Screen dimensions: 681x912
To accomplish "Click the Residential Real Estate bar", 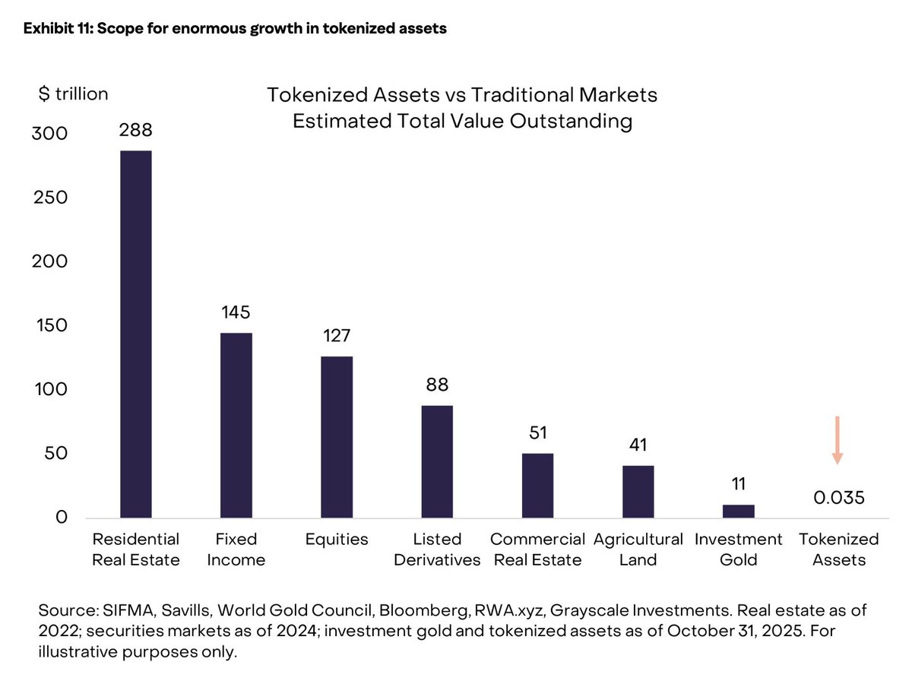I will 136,334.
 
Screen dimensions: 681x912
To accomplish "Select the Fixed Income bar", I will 236,426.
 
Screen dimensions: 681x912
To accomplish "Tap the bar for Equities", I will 337,437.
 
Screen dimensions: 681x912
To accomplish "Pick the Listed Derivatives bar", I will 437,462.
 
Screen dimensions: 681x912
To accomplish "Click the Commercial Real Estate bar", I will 537,486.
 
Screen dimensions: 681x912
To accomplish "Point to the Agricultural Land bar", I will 638,492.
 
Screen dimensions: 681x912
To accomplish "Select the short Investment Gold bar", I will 738,511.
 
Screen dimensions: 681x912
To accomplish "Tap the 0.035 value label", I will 839,499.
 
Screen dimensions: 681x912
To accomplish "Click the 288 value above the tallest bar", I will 135,130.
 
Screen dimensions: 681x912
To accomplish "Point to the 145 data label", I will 236,312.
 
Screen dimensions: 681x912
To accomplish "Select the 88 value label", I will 437,385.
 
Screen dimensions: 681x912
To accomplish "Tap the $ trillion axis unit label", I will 73,94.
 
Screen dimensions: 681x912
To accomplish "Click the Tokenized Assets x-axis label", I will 839,550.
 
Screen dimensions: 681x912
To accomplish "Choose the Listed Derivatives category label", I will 437,550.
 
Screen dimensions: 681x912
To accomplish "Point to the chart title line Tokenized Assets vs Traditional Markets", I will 462,96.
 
